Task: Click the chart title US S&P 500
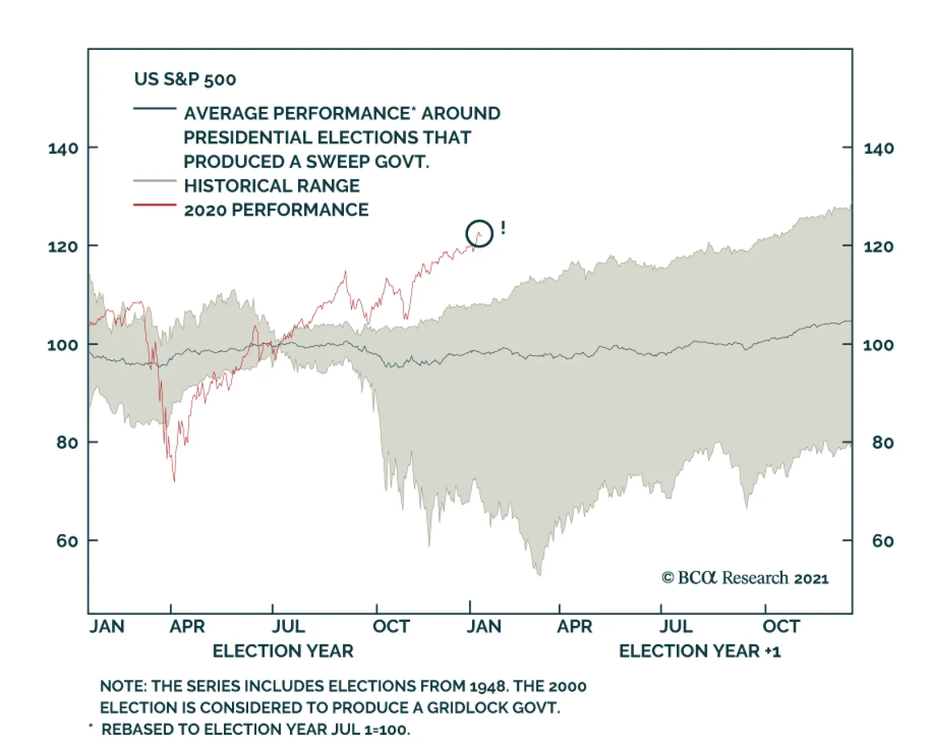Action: point(185,79)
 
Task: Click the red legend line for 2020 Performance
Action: point(154,205)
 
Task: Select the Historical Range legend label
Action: point(271,186)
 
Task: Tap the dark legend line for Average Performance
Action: point(154,108)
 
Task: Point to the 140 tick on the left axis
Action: point(63,149)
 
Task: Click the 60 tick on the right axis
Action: point(882,541)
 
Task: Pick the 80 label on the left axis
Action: point(67,443)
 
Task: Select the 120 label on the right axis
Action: point(878,247)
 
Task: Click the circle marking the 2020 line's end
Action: point(479,233)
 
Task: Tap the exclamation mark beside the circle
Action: point(503,228)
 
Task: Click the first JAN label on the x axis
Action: point(107,627)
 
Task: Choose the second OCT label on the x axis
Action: point(781,627)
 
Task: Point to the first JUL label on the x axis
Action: point(288,627)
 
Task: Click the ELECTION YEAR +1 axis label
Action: point(699,651)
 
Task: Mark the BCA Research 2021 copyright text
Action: point(745,578)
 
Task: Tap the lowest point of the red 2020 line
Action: point(174,481)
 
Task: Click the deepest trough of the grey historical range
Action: point(539,575)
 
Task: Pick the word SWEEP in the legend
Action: point(336,161)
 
